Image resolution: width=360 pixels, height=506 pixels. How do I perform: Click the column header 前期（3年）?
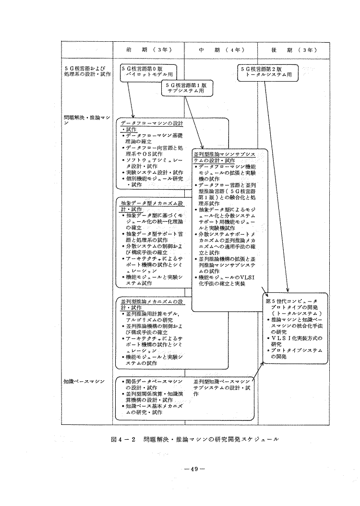click(x=149, y=49)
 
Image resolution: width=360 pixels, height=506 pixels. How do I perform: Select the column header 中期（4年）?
click(x=221, y=49)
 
